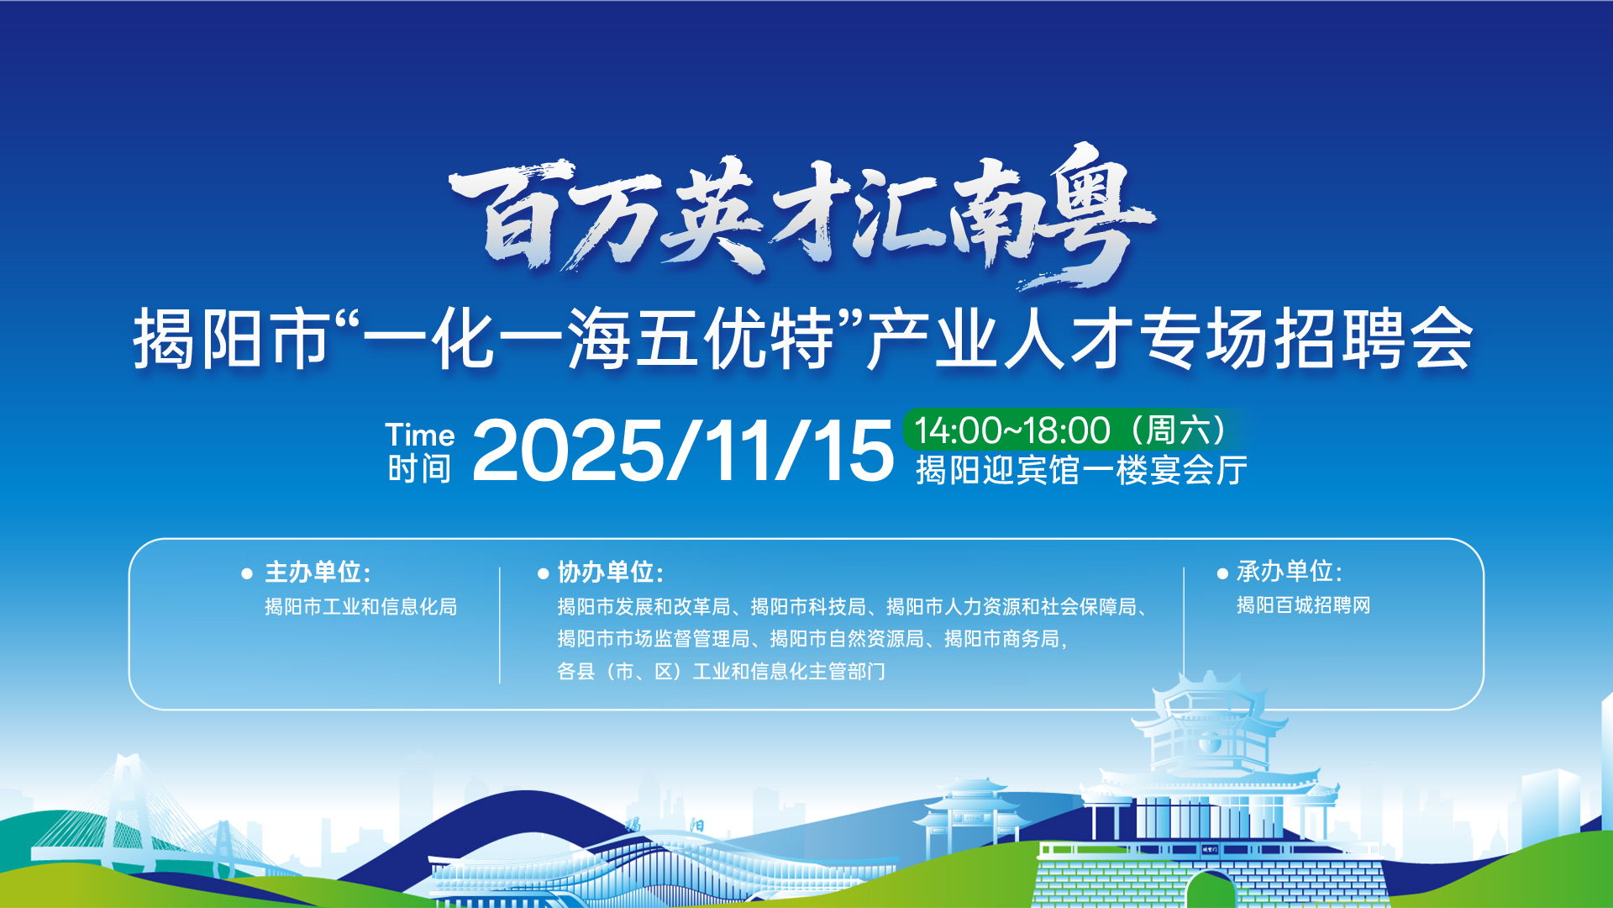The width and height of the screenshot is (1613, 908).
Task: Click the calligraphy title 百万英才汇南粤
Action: point(802,217)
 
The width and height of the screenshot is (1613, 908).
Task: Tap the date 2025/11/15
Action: point(683,451)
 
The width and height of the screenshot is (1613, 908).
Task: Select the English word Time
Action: point(420,435)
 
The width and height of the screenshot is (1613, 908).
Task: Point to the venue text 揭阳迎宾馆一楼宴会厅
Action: point(1081,470)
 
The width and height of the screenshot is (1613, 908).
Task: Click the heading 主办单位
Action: point(318,573)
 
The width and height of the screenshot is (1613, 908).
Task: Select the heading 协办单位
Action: point(611,573)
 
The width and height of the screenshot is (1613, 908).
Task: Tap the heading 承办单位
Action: point(1290,572)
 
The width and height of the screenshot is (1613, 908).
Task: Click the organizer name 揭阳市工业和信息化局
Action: point(361,607)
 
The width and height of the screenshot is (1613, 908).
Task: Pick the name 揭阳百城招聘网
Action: point(1304,605)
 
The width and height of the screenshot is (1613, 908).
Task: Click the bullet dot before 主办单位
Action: point(247,574)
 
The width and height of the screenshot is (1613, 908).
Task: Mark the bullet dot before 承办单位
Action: point(1222,573)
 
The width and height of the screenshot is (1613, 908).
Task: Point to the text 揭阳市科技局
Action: point(808,607)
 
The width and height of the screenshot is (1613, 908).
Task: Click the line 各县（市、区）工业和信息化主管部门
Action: point(721,672)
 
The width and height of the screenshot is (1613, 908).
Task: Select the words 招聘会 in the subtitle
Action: point(1374,339)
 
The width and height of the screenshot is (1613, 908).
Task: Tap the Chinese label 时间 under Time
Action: point(420,469)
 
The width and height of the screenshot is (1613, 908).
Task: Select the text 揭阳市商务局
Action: point(1002,639)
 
